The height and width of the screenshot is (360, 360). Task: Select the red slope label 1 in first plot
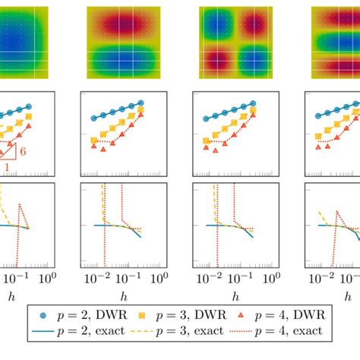(7, 166)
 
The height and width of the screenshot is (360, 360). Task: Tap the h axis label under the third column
(235, 295)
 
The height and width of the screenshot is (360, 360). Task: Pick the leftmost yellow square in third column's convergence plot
(206, 140)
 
